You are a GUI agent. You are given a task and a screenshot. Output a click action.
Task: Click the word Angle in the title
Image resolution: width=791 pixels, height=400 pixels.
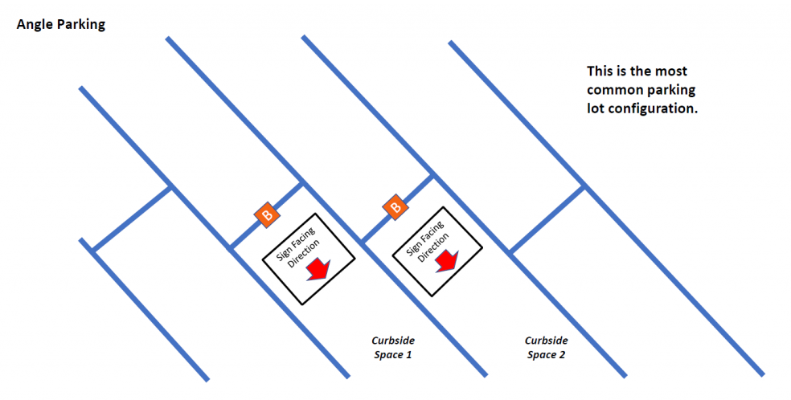click(x=35, y=24)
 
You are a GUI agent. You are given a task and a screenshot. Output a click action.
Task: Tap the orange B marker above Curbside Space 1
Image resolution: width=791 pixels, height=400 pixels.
click(x=266, y=214)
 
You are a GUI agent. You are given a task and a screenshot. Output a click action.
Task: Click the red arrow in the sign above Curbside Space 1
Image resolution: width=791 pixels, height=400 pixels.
click(x=319, y=269)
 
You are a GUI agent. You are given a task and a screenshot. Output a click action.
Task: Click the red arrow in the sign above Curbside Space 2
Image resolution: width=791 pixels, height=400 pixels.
click(x=447, y=260)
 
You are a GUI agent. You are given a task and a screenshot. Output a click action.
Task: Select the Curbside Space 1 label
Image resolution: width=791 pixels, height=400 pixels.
click(x=392, y=347)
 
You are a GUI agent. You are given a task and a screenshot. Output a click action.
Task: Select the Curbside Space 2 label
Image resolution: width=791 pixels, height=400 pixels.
click(x=547, y=347)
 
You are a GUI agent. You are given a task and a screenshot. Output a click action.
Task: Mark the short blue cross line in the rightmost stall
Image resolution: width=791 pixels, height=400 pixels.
click(x=547, y=218)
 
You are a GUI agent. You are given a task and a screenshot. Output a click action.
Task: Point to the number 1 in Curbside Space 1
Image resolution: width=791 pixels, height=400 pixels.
click(x=409, y=354)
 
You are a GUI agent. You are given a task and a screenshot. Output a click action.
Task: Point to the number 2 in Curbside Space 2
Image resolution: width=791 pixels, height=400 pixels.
click(x=564, y=354)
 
